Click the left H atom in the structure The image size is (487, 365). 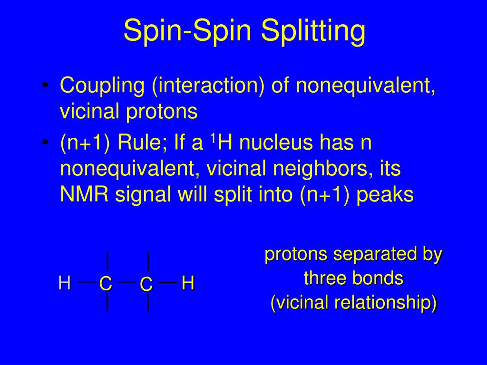click(64, 283)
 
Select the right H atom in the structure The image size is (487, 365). click(188, 284)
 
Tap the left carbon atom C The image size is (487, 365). click(105, 284)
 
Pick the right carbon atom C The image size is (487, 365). click(146, 285)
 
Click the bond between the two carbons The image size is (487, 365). click(126, 281)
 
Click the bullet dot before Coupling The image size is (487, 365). click(45, 86)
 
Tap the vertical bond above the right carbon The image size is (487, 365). click(148, 261)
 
